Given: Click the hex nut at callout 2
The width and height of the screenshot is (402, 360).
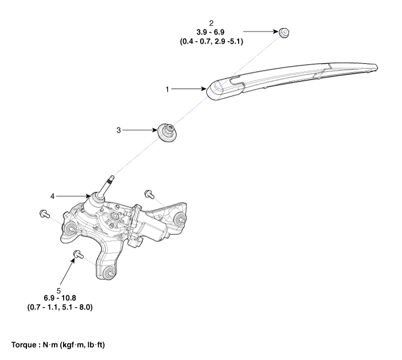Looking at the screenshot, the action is pyautogui.click(x=284, y=33).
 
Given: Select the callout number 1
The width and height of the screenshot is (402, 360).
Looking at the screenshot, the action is pyautogui.click(x=167, y=89).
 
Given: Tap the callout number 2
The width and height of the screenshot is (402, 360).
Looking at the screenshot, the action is pyautogui.click(x=211, y=24).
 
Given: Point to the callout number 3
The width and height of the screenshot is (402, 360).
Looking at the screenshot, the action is pyautogui.click(x=119, y=130).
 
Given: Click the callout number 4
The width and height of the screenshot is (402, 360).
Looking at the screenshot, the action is pyautogui.click(x=53, y=196).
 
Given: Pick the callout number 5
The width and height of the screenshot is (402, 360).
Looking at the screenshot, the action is pyautogui.click(x=58, y=291).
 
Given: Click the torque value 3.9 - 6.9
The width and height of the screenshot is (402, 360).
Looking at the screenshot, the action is pyautogui.click(x=210, y=32).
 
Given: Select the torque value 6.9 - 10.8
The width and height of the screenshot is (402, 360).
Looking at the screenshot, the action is pyautogui.click(x=60, y=298).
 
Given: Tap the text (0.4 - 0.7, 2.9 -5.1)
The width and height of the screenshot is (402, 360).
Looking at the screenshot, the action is pyautogui.click(x=212, y=41).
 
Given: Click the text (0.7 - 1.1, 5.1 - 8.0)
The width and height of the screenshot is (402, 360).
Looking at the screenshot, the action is pyautogui.click(x=60, y=307).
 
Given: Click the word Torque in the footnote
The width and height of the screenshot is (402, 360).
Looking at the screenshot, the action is pyautogui.click(x=24, y=345).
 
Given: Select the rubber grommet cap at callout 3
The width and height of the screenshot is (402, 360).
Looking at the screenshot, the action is pyautogui.click(x=167, y=132).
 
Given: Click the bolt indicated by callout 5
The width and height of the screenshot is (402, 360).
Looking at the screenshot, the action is pyautogui.click(x=78, y=255).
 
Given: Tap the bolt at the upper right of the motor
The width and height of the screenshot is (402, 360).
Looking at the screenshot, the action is pyautogui.click(x=149, y=194).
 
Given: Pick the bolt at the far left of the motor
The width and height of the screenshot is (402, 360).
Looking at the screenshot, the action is pyautogui.click(x=45, y=214).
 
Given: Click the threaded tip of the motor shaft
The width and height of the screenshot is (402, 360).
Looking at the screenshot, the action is pyautogui.click(x=111, y=179).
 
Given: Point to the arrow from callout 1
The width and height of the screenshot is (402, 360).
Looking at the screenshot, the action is pyautogui.click(x=189, y=89).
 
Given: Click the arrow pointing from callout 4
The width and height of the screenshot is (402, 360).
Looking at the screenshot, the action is pyautogui.click(x=73, y=196).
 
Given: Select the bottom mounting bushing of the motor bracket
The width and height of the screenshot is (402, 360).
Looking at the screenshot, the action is pyautogui.click(x=109, y=272).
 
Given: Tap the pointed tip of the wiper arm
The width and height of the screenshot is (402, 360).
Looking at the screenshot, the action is pyautogui.click(x=377, y=67).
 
